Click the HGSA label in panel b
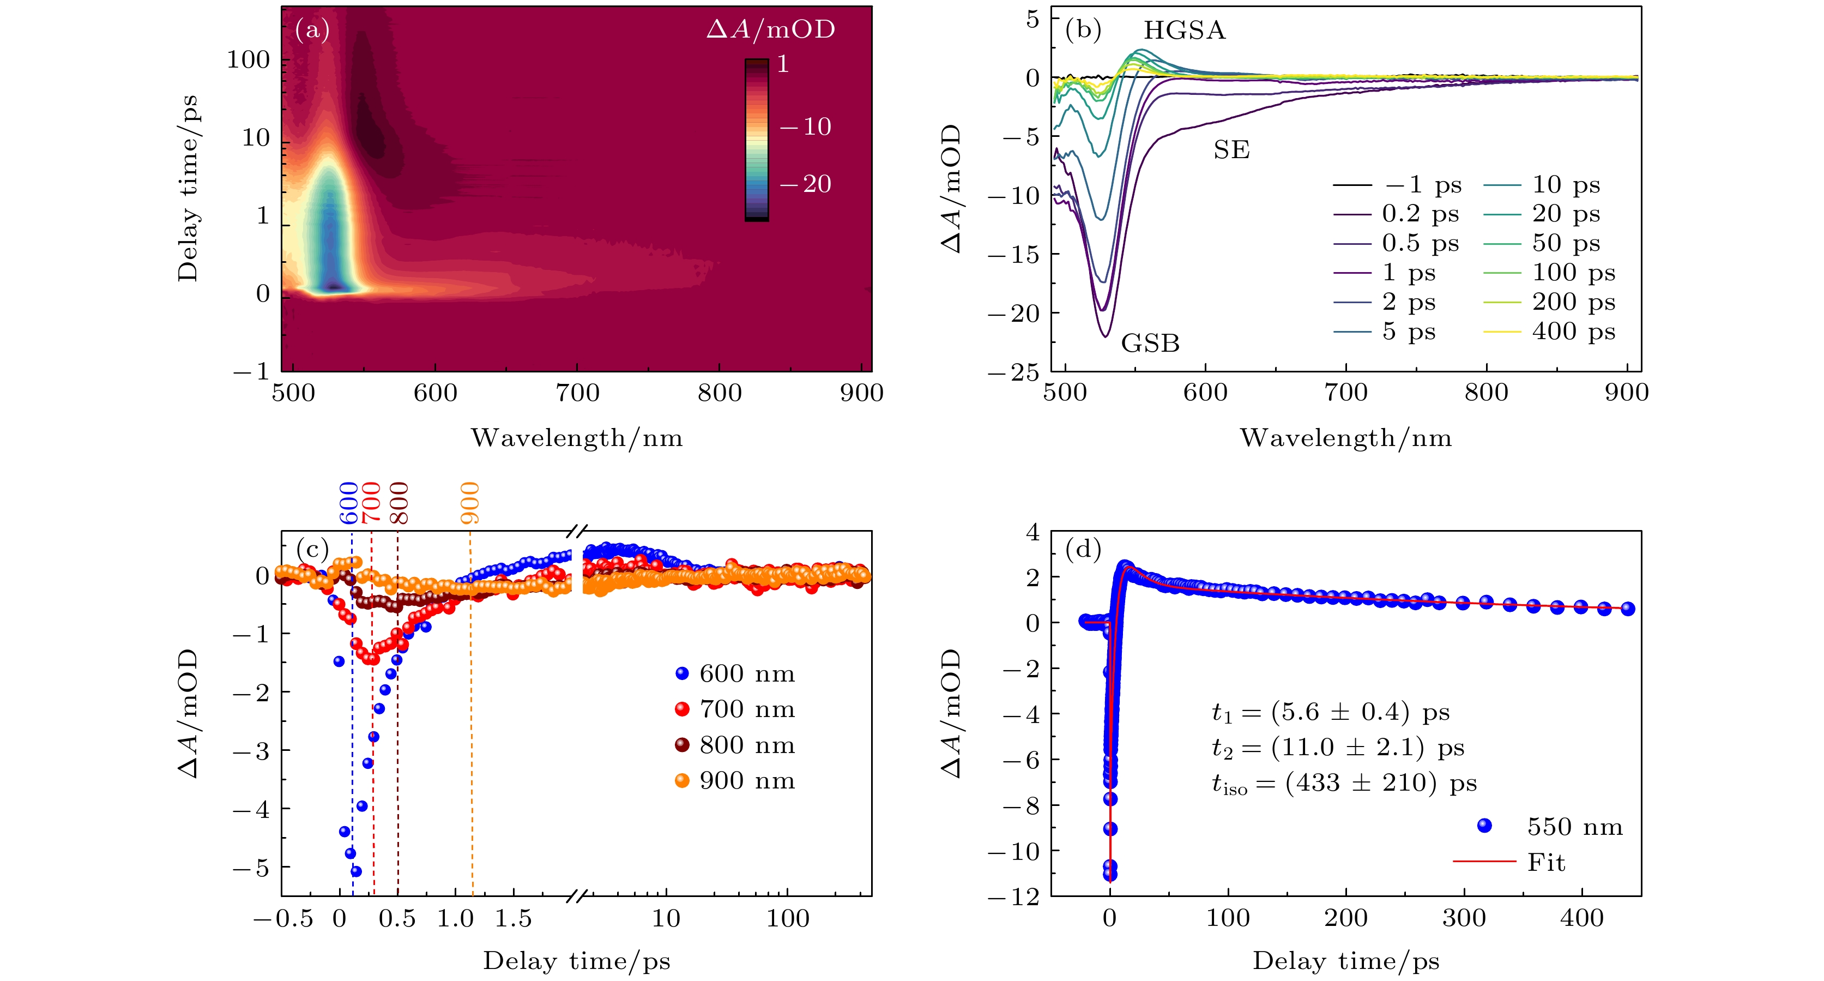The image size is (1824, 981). (x=1184, y=31)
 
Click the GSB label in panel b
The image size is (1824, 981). (x=1150, y=344)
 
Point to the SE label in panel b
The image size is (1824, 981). (x=1231, y=150)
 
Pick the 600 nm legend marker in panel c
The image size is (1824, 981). (x=682, y=673)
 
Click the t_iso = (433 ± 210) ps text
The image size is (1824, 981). (x=1343, y=784)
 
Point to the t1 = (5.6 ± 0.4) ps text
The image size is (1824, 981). (x=1330, y=713)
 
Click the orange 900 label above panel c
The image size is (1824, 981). (x=470, y=503)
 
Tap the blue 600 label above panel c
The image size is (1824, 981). (x=349, y=503)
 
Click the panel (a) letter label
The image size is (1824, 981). (x=312, y=30)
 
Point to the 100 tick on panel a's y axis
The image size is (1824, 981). (x=249, y=60)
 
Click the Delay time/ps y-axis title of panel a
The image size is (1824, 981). (x=188, y=189)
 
